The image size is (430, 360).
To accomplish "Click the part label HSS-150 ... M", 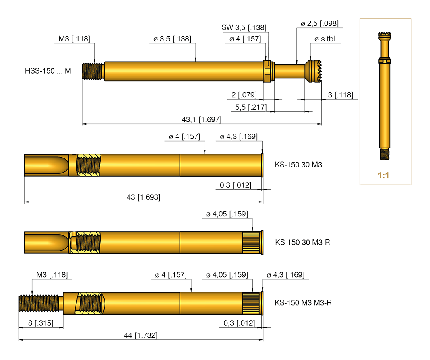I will pyautogui.click(x=48, y=71).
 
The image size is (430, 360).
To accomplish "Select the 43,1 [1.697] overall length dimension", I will pyautogui.click(x=201, y=120).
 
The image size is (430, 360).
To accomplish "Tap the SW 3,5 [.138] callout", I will pyautogui.click(x=244, y=28).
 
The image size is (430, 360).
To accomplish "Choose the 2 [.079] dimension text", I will pyautogui.click(x=244, y=95).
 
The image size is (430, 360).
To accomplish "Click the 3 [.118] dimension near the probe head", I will pyautogui.click(x=341, y=95).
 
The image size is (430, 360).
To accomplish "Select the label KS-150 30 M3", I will pyautogui.click(x=299, y=165).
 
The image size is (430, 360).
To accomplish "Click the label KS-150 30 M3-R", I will pyautogui.click(x=302, y=242).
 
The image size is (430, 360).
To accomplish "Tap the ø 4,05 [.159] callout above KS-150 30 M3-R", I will pyautogui.click(x=227, y=214).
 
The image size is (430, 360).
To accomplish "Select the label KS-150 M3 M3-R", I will pyautogui.click(x=303, y=303).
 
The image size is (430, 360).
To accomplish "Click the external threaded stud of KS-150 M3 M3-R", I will pyautogui.click(x=39, y=303).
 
